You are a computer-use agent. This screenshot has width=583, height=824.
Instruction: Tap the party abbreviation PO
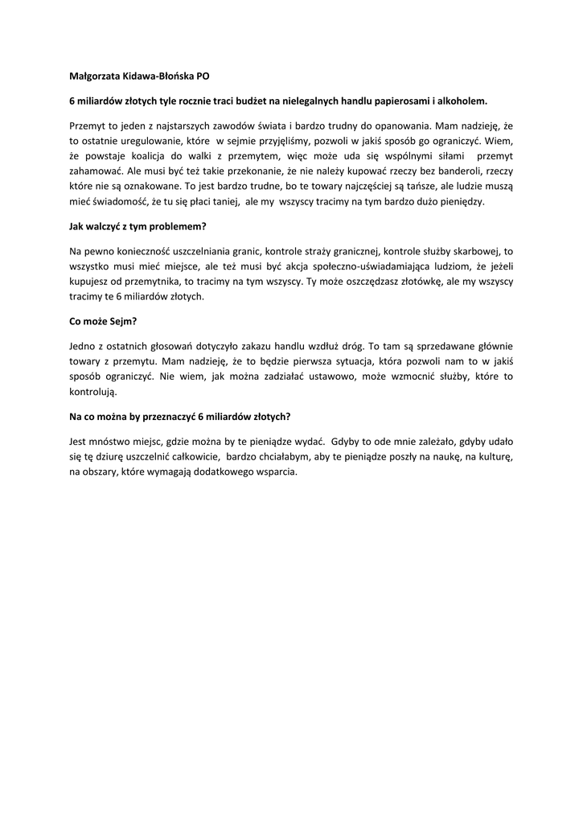pyautogui.click(x=203, y=77)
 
